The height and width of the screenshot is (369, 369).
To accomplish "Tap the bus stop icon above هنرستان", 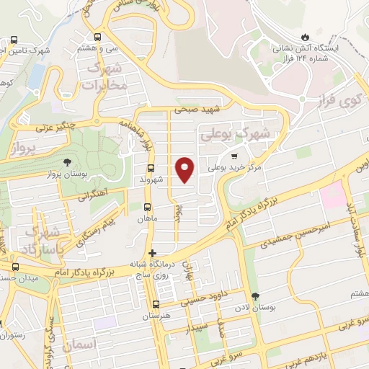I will (156, 304).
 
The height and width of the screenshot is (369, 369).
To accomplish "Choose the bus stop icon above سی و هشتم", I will (98, 37).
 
